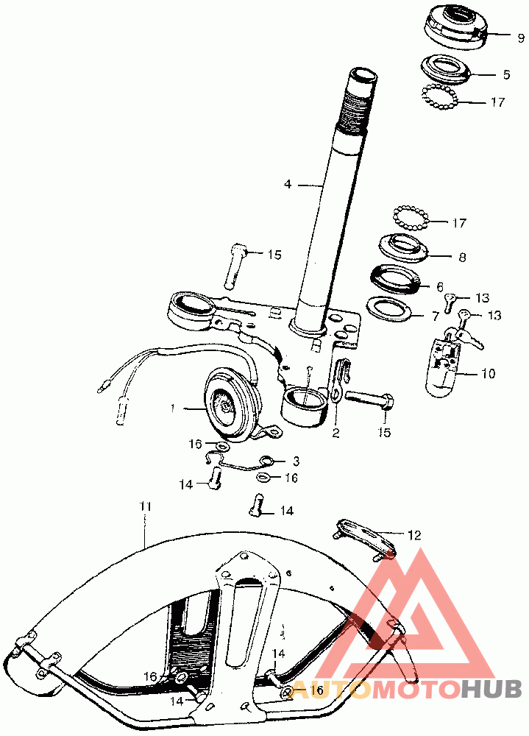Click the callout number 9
pos(521,38)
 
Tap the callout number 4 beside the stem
pos(288,184)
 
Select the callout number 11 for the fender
pos(146,507)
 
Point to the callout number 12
pos(414,534)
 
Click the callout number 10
pos(488,374)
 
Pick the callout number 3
pos(296,461)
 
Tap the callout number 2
pos(335,432)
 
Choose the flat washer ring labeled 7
pos(388,309)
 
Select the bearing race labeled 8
pos(403,247)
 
